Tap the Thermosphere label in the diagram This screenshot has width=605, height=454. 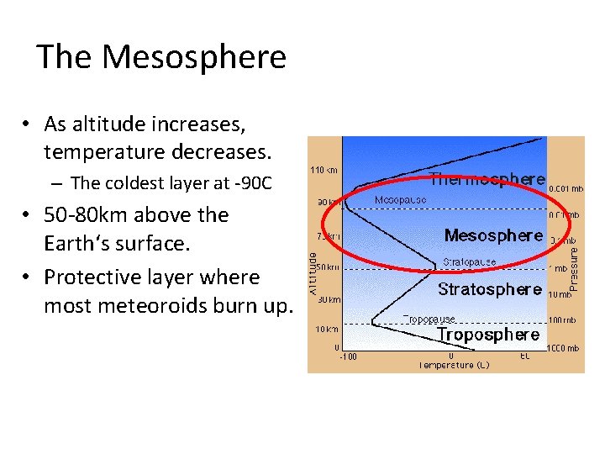487,179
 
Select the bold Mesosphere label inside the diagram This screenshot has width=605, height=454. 493,235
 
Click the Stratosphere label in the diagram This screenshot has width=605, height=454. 489,289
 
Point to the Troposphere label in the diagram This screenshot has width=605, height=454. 487,335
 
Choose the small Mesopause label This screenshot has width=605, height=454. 400,200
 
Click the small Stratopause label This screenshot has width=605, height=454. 469,262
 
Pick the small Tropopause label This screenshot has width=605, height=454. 429,319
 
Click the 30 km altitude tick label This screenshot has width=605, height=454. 329,299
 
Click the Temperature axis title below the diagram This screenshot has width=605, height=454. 454,365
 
